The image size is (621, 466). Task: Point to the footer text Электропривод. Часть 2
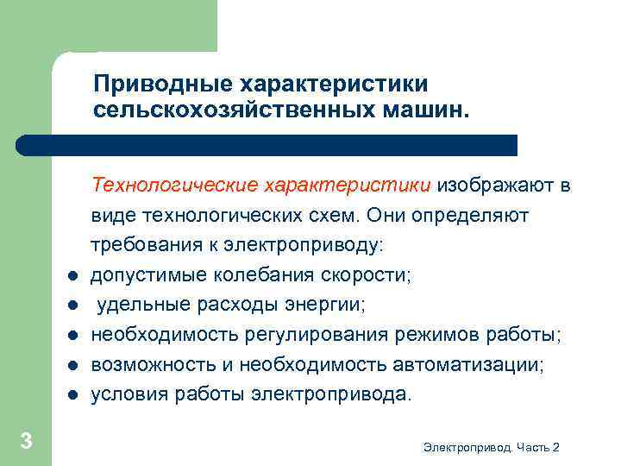tap(492, 446)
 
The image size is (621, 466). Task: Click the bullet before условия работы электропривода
tap(73, 395)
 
